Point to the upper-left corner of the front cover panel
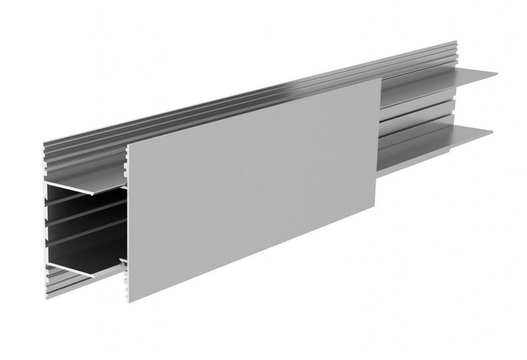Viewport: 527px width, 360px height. (x=127, y=144)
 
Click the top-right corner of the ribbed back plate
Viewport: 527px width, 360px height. (x=456, y=41)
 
